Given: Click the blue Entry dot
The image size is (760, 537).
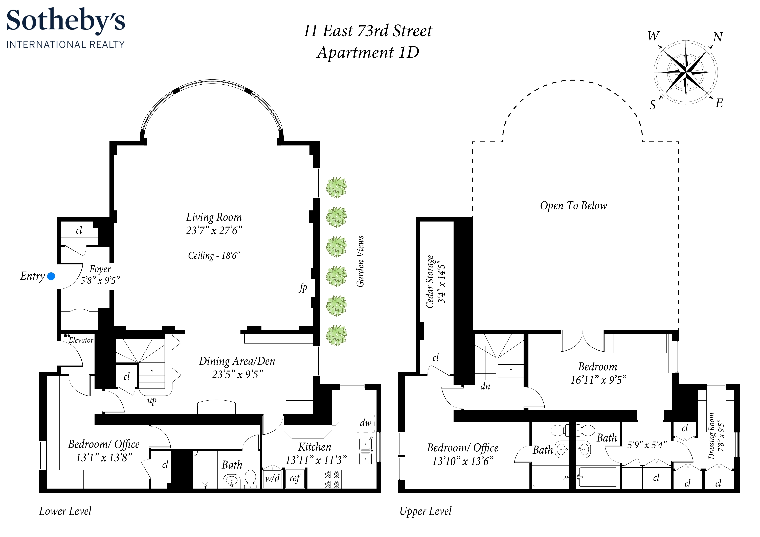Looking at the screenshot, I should coord(51,276).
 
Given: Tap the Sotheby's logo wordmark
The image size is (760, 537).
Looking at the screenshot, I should coord(65,20).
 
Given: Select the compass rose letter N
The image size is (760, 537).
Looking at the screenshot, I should coord(718,37).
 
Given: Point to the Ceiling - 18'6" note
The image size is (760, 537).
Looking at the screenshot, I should coord(214,256).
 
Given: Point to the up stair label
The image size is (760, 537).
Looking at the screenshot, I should coord(152,401).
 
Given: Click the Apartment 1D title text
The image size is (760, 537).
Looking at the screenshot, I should coord(368,52).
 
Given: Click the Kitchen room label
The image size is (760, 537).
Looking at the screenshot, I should coord(315,447).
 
